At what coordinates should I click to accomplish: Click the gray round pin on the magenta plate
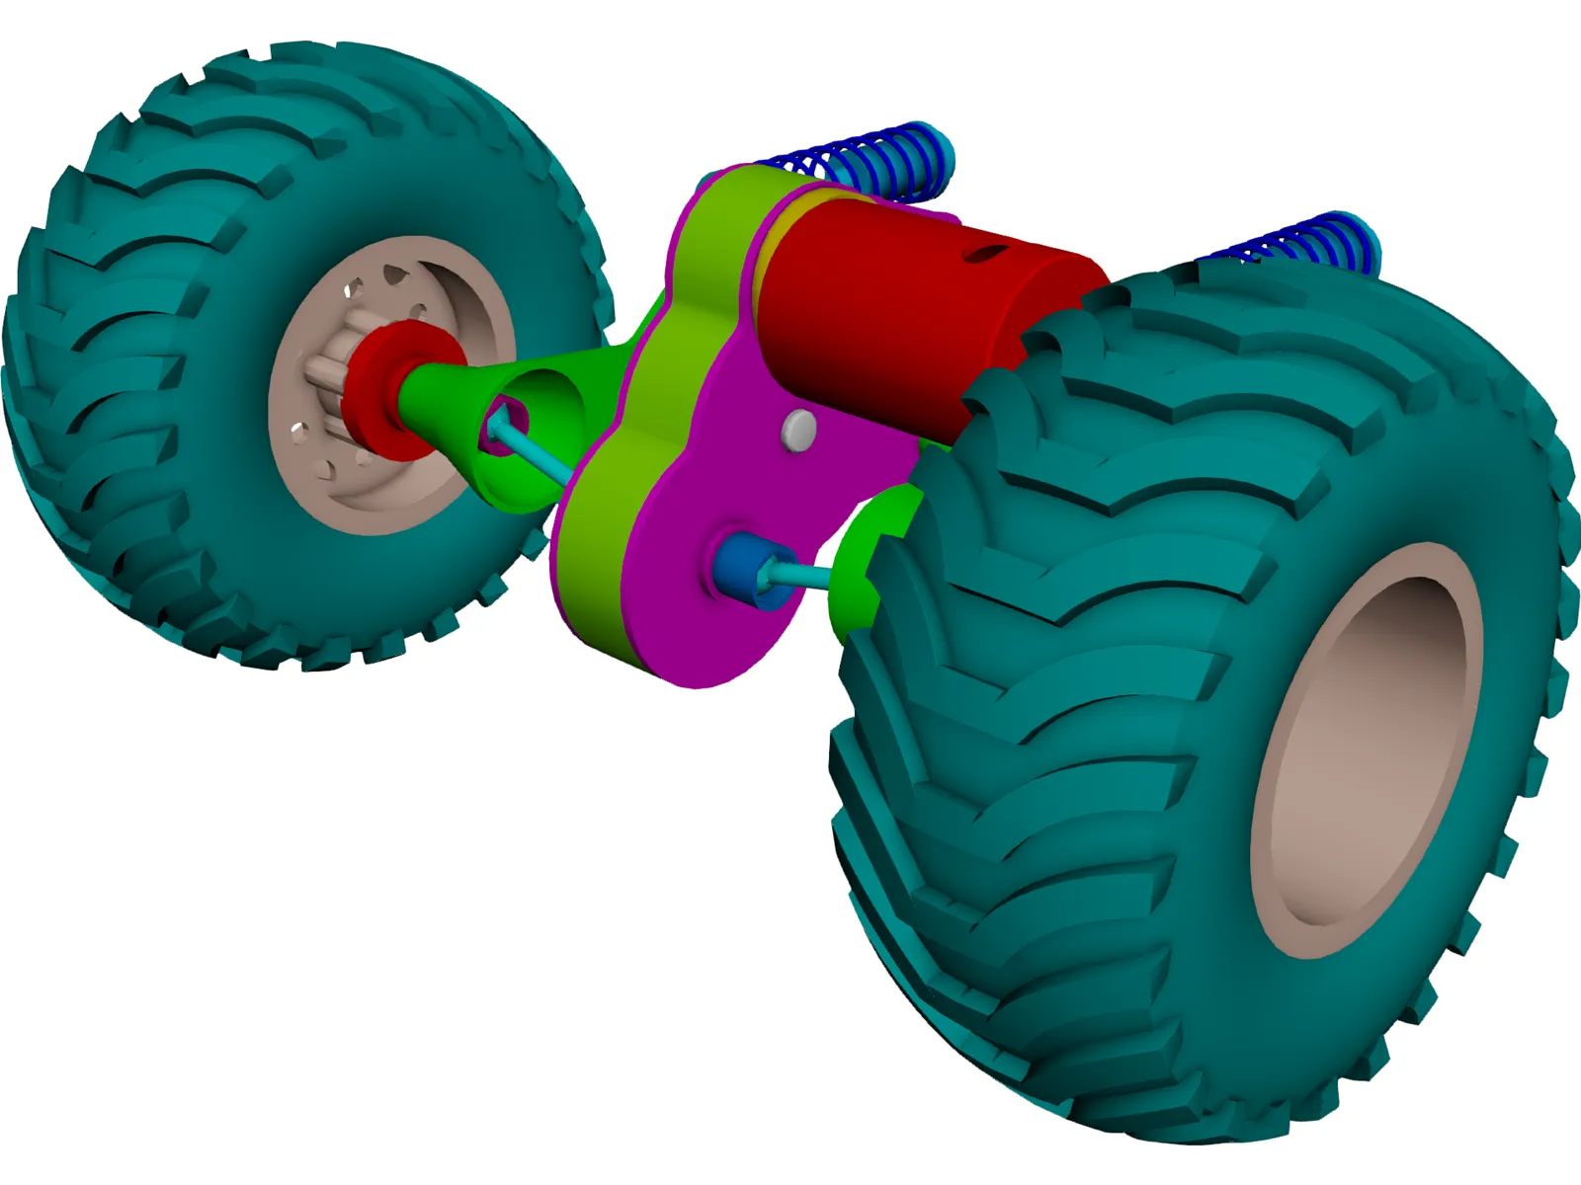pyautogui.click(x=798, y=430)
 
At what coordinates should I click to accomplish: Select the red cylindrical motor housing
pyautogui.click(x=889, y=316)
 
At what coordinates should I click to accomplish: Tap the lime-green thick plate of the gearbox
pyautogui.click(x=603, y=553)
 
